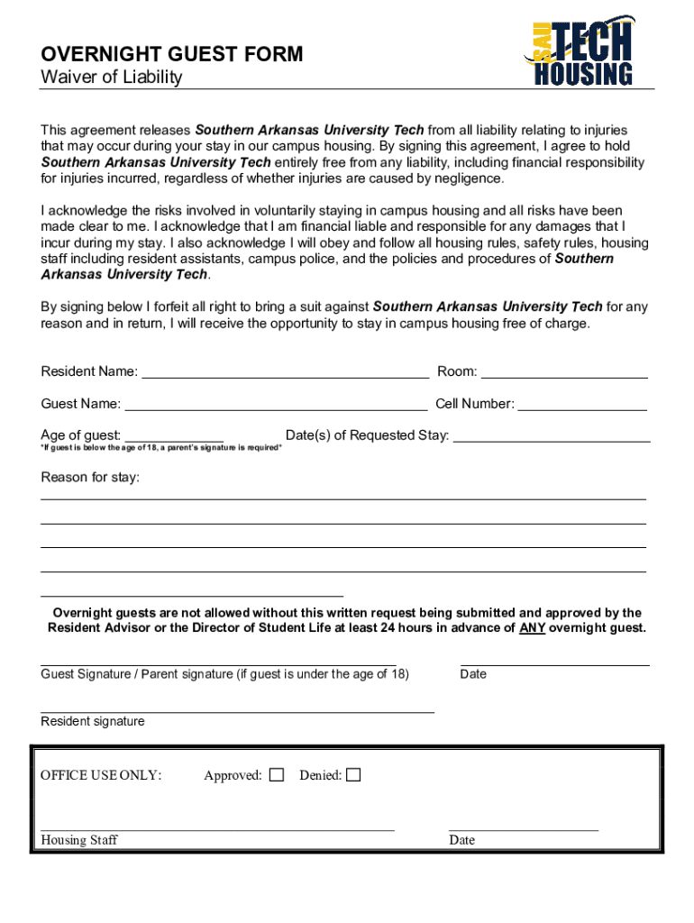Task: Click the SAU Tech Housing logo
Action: click(x=579, y=52)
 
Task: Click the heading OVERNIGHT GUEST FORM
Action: click(x=172, y=55)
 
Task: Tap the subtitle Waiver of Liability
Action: click(x=112, y=78)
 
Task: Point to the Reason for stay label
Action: click(x=90, y=477)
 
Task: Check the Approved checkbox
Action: click(x=277, y=775)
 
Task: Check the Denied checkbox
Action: click(x=353, y=775)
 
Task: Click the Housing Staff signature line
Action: click(x=217, y=827)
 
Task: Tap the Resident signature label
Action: click(x=93, y=721)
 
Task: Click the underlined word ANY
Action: click(x=532, y=628)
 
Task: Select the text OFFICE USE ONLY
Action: click(x=101, y=775)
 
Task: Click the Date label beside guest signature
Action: click(x=473, y=674)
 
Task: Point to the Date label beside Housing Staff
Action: click(x=461, y=840)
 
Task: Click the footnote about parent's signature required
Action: click(x=161, y=448)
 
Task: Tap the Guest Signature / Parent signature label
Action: click(x=224, y=674)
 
